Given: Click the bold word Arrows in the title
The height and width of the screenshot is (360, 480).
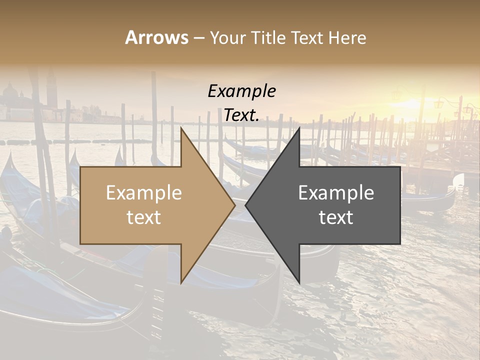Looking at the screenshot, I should coord(157,38).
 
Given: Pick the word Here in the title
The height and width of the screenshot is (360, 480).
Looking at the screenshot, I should coord(347,38).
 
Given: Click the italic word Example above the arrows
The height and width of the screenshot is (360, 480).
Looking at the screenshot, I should coord(241,91).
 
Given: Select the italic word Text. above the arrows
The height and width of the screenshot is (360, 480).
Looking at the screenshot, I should coord(241,115).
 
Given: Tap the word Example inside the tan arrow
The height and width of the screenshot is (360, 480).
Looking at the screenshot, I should coord(144,193).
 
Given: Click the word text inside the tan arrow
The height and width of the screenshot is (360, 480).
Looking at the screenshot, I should coord(144,217).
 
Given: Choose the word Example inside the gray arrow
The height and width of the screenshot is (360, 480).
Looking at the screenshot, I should coord(336,193).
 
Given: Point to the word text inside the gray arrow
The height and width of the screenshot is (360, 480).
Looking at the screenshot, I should coord(336,217).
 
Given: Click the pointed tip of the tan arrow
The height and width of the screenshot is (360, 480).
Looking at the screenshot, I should coord(234,205).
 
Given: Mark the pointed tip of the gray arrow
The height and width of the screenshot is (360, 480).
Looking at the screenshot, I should coord(246,205).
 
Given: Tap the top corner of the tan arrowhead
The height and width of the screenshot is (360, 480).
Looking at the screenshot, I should coord(181,128).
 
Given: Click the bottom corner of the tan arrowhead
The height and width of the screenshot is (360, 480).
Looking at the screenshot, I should coord(181,283).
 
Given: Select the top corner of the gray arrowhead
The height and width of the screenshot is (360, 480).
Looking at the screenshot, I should coord(299,128).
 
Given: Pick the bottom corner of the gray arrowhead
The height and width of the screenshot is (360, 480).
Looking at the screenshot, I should coord(299,283).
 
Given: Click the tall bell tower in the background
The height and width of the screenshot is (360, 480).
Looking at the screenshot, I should coord(51,92).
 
